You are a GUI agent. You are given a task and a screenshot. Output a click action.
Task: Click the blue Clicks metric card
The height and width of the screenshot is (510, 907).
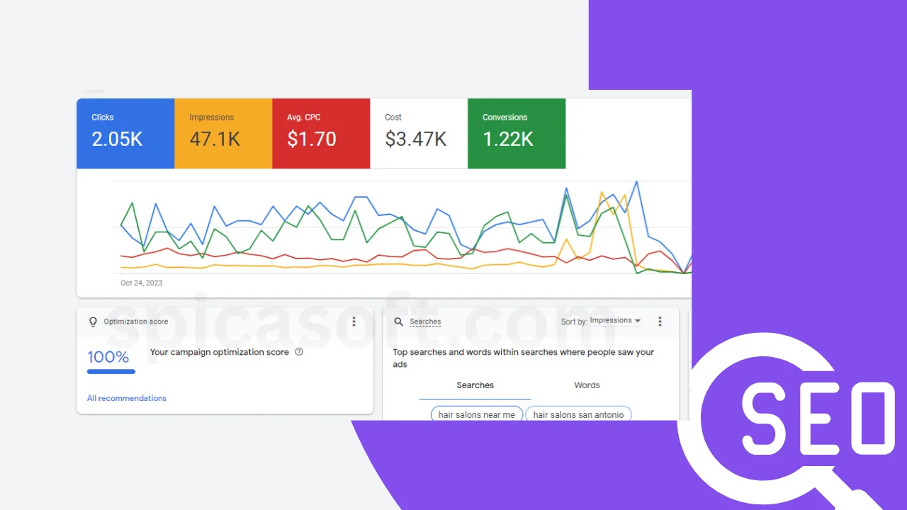click(125, 133)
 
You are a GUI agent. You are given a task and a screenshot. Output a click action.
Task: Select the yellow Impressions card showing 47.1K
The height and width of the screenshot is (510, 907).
click(223, 133)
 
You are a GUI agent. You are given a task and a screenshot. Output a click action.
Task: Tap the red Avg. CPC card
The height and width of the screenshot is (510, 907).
click(321, 133)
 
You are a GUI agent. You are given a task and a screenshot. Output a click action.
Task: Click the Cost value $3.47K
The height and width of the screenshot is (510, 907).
click(415, 140)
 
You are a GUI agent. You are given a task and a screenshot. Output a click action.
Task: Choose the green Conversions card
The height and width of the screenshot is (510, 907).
click(517, 133)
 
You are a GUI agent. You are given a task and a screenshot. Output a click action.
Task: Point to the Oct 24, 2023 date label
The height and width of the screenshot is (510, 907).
click(141, 283)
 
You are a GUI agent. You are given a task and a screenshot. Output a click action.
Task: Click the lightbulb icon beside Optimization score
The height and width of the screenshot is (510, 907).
click(93, 322)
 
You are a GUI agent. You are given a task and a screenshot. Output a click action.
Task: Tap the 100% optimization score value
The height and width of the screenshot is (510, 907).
click(108, 357)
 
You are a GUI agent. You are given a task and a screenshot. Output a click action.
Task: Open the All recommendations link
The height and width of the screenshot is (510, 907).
click(127, 398)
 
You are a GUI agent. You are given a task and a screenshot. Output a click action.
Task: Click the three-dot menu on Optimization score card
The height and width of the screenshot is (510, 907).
click(354, 322)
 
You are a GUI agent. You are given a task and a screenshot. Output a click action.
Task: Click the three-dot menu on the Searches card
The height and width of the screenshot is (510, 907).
click(660, 322)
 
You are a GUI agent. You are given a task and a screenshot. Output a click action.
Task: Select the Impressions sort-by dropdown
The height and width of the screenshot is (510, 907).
click(614, 321)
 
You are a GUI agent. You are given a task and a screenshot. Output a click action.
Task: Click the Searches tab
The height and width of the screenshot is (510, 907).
click(475, 385)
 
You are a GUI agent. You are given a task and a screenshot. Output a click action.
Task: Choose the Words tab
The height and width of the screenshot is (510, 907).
click(587, 385)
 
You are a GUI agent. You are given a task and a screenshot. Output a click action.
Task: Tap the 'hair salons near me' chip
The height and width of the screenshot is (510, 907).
click(476, 414)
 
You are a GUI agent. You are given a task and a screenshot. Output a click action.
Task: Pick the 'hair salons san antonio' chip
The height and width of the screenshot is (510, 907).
click(578, 414)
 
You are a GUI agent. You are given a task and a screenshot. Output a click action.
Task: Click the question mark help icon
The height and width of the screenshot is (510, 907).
click(299, 352)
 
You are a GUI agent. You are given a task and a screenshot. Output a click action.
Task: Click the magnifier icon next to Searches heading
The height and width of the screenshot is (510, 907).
click(399, 322)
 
